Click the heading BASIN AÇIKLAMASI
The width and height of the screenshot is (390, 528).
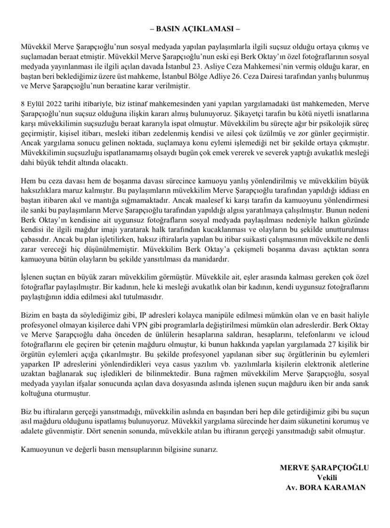195,27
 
